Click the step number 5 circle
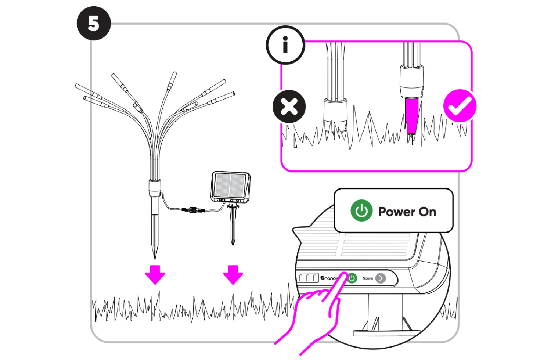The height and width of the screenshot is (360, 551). tap(94, 24)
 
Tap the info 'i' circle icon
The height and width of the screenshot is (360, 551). tap(285, 45)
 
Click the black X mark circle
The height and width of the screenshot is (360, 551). tap(289, 107)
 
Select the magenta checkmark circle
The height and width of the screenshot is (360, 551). tap(460, 106)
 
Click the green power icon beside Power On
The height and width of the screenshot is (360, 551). tap(361, 211)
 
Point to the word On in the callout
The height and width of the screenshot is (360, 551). tap(428, 212)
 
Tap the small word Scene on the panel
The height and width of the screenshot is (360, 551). tap(368, 278)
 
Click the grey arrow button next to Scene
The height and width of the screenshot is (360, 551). tap(381, 278)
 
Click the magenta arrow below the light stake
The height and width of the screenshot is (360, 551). tap(155, 274)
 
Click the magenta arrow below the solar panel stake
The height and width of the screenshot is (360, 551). tap(233, 274)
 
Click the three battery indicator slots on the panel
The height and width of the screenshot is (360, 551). tap(308, 278)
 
